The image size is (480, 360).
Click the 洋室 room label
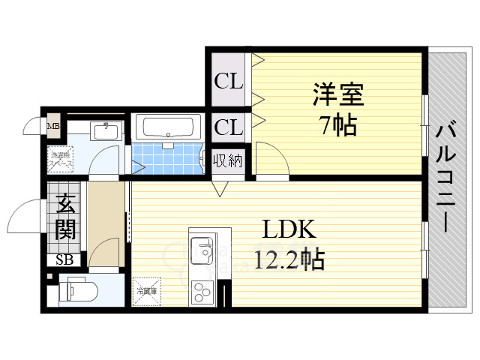tap(337, 97)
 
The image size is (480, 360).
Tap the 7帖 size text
tap(337, 125)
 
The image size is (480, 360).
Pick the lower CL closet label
tap(229, 127)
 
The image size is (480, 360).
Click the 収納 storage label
tap(227, 160)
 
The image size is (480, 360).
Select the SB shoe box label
tap(64, 260)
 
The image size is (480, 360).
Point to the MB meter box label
tap(53, 126)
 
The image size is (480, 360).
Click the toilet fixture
tap(75, 289)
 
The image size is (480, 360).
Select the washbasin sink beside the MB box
tap(105, 132)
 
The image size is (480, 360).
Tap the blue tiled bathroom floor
tap(166, 159)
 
